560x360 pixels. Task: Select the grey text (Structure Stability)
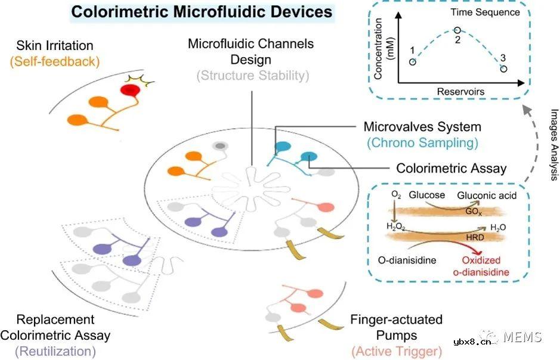tap(250, 76)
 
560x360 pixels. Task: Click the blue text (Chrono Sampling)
tap(422, 143)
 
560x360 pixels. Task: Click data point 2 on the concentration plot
tap(457, 30)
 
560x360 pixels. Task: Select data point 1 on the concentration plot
tap(413, 62)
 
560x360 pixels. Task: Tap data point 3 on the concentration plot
tap(503, 69)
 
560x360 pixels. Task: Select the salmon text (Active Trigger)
tap(397, 350)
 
